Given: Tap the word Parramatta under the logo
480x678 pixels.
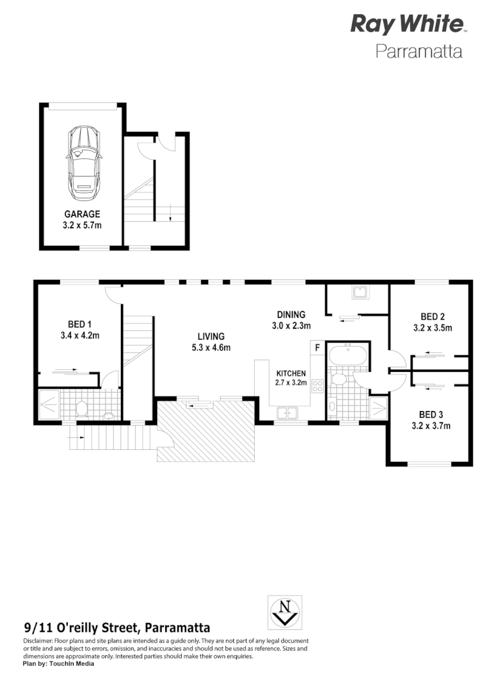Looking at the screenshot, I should [419, 51].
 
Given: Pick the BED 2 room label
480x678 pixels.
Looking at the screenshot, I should [433, 316].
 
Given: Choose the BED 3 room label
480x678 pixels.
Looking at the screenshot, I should [431, 413].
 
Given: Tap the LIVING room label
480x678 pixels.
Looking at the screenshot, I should [211, 336].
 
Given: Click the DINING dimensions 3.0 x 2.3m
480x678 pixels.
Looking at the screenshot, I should [291, 325].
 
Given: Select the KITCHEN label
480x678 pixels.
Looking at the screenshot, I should [291, 373].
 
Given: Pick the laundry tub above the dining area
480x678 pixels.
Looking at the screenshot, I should [358, 292].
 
